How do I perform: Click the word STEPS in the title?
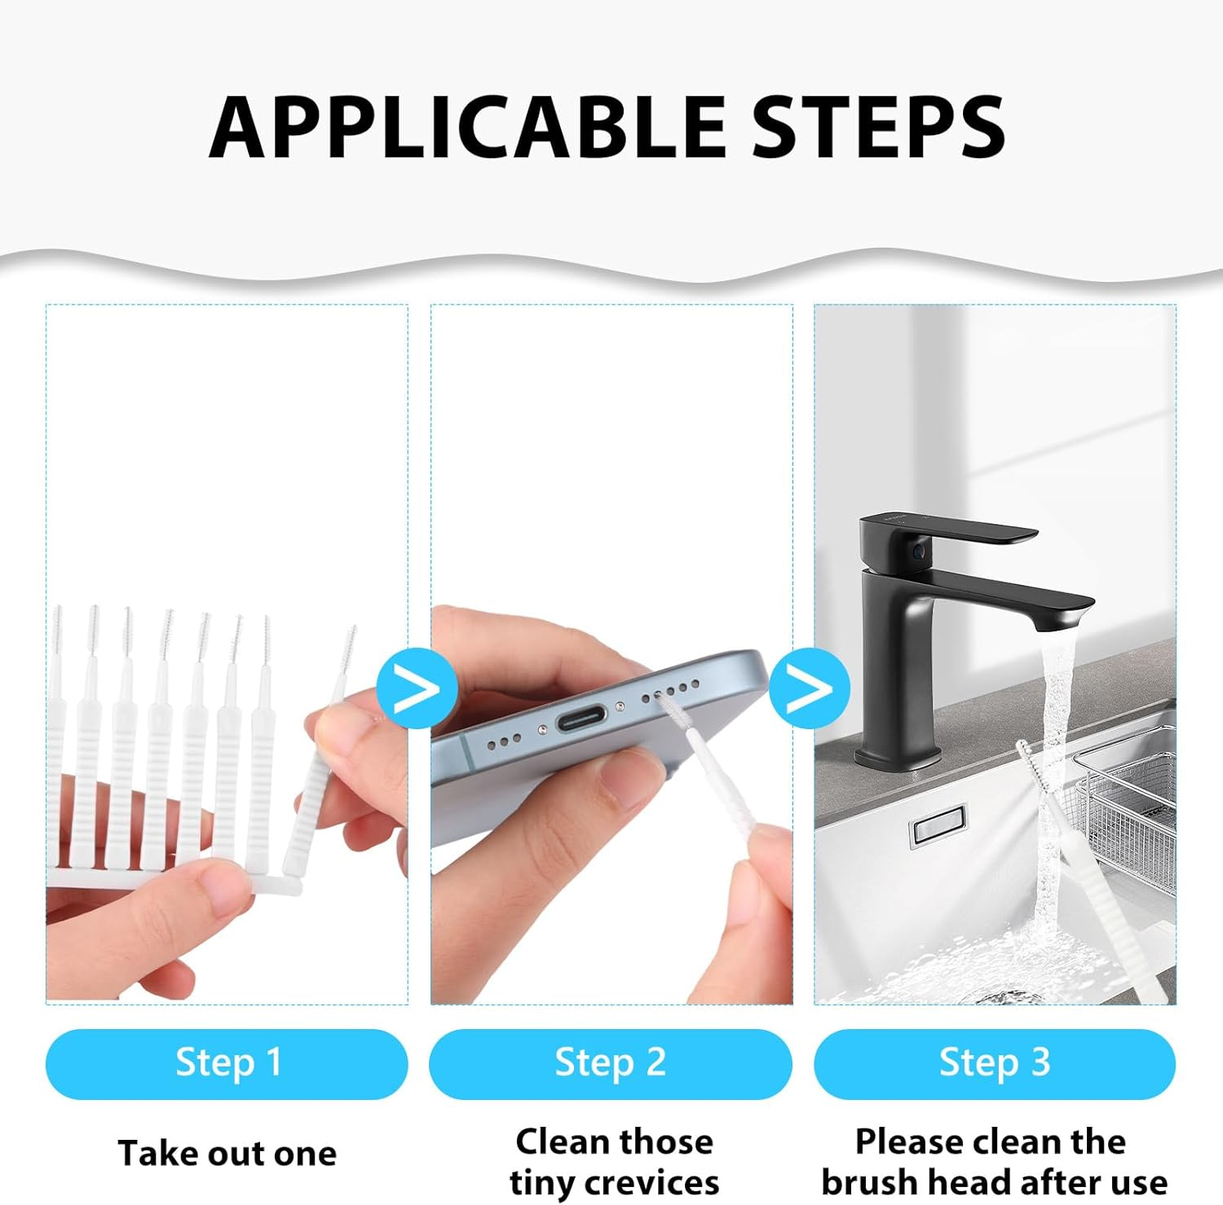878,127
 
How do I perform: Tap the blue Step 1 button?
227,1063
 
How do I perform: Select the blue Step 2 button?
610,1063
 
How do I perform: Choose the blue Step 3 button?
994,1063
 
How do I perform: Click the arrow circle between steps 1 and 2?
417,688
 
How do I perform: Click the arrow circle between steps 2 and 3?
809,688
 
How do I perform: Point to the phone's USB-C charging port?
581,719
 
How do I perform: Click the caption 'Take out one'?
227,1154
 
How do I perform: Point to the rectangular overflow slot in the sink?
937,826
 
